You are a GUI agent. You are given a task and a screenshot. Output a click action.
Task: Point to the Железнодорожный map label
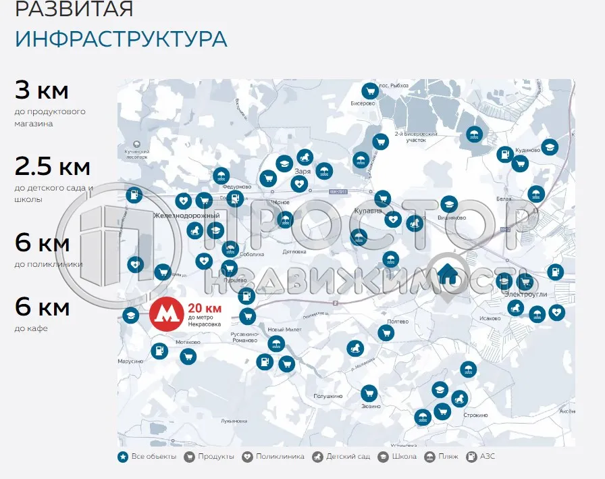pos(187,216)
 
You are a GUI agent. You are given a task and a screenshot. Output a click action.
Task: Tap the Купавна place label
pos(368,211)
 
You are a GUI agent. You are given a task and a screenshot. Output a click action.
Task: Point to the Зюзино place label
pos(371,407)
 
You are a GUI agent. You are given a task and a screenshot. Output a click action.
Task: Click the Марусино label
pos(131,361)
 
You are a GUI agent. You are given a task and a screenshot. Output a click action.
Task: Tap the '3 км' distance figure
pos(42,90)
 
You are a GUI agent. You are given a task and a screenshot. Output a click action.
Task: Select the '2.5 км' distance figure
pos(53,166)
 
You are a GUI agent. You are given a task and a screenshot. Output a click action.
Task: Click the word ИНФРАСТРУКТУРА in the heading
pos(121,39)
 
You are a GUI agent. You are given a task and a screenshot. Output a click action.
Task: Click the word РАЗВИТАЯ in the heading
pos(74,9)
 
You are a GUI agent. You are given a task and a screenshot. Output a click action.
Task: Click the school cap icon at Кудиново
pos(550,147)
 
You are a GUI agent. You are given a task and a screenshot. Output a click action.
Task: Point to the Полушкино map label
pos(329,396)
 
